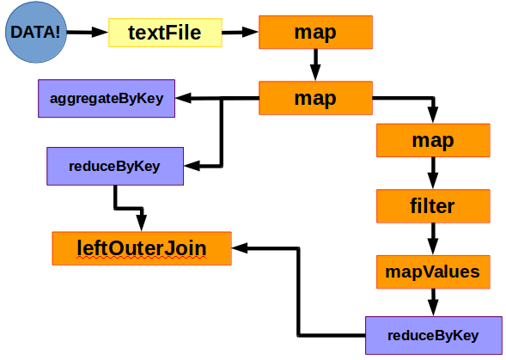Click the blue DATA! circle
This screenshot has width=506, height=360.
click(x=34, y=34)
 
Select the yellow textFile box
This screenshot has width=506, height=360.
click(x=164, y=33)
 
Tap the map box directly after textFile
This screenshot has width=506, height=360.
click(x=315, y=33)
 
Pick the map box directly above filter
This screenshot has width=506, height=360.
click(x=433, y=140)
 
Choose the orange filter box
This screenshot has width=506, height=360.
click(x=433, y=206)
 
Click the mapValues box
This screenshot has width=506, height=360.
click(x=433, y=272)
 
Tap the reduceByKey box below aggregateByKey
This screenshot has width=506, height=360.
click(x=114, y=166)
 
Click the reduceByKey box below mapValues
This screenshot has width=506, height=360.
click(x=433, y=335)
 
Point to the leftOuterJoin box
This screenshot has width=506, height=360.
click(x=142, y=248)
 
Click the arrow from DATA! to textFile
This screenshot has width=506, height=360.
click(x=87, y=33)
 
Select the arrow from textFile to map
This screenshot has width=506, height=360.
click(x=240, y=33)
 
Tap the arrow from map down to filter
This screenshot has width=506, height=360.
click(x=433, y=174)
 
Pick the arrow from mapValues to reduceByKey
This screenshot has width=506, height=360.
click(x=433, y=302)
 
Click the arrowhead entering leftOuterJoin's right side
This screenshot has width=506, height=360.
click(x=240, y=248)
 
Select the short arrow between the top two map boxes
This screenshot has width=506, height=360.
click(x=315, y=64)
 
